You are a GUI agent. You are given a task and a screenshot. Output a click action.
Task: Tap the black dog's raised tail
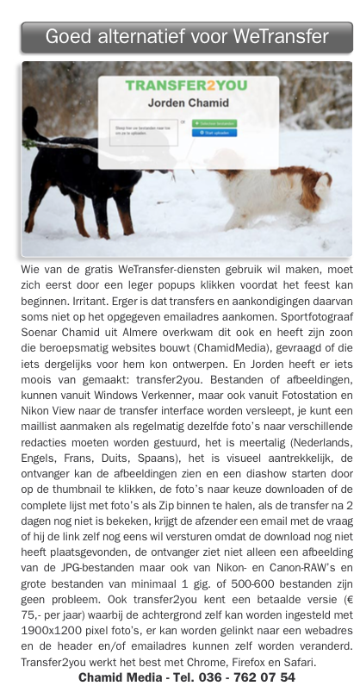34,129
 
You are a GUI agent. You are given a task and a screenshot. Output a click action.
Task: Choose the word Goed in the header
65,36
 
